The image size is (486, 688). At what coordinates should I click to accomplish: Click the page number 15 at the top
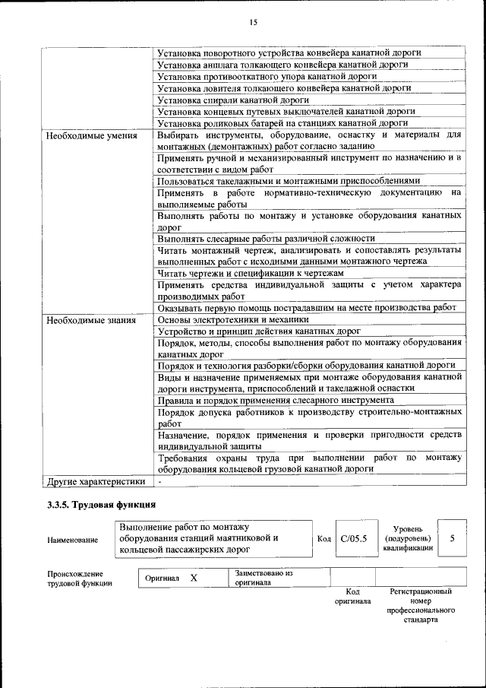(x=253, y=23)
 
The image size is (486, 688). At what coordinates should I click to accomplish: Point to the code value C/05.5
(x=354, y=538)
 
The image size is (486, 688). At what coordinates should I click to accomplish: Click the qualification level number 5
(x=453, y=538)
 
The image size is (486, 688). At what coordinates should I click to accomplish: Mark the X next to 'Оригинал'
(x=194, y=579)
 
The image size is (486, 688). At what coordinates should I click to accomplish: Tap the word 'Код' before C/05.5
(x=324, y=539)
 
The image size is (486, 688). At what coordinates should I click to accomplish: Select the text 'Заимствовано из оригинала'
(x=264, y=577)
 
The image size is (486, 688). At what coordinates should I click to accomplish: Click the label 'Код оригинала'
(x=352, y=596)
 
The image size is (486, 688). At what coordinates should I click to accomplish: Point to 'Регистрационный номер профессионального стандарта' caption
(x=421, y=605)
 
